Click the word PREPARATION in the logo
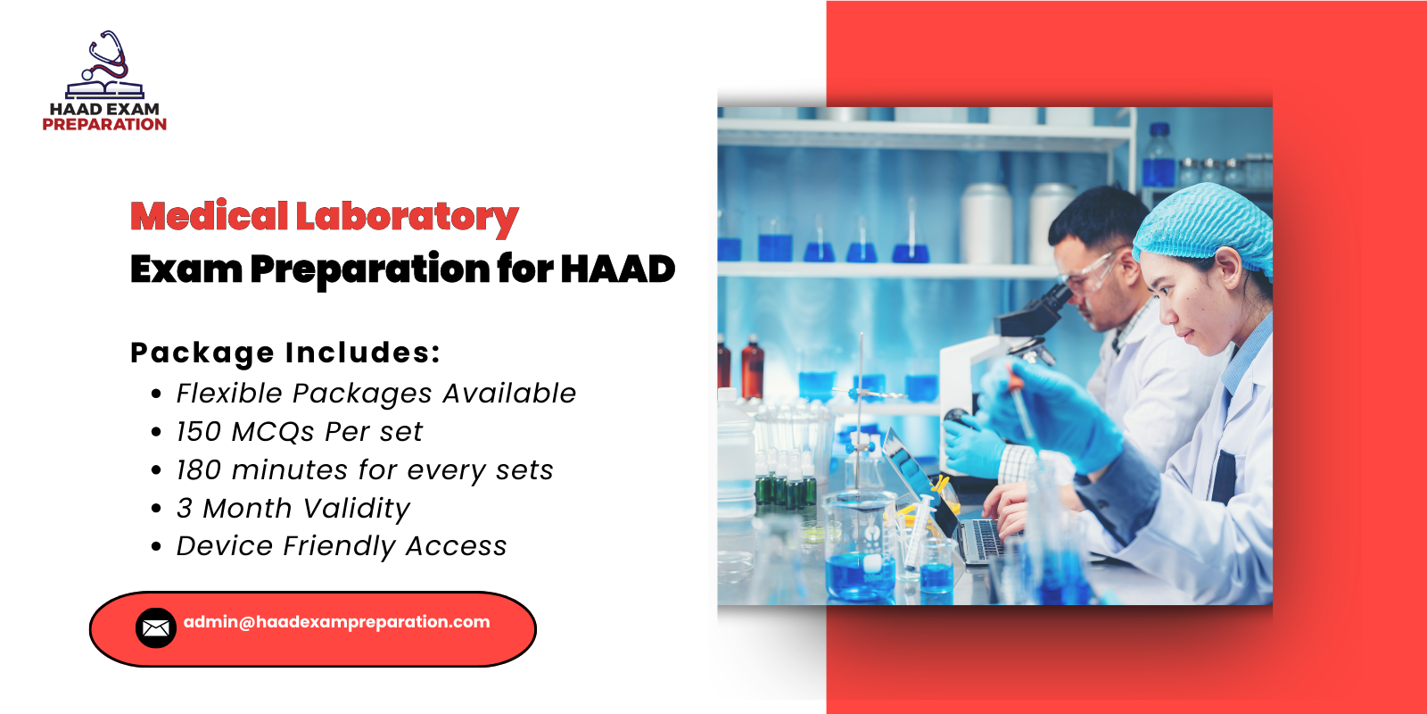[104, 125]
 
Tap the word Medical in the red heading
[210, 216]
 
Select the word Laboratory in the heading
[407, 217]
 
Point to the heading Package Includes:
[285, 353]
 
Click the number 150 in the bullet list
[199, 432]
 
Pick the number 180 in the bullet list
[199, 470]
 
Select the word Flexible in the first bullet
[229, 394]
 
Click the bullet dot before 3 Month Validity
[157, 509]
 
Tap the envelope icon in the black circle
[156, 628]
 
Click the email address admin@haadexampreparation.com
[337, 622]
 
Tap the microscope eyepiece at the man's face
[1057, 295]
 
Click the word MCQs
[273, 432]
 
